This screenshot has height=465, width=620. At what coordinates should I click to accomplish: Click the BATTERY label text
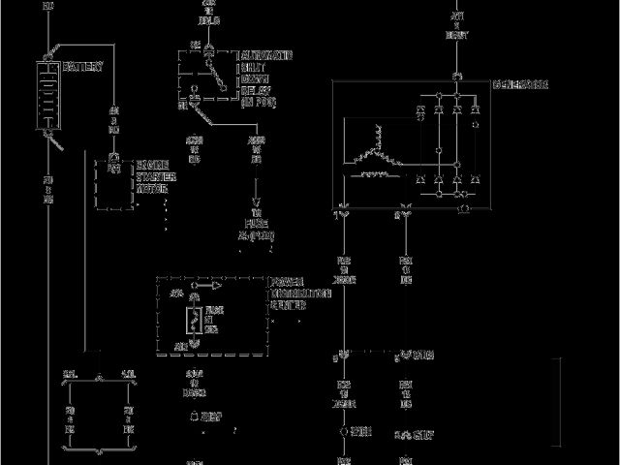click(82, 68)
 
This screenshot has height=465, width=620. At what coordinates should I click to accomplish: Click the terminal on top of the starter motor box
click(114, 157)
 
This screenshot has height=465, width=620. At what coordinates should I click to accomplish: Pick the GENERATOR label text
click(519, 84)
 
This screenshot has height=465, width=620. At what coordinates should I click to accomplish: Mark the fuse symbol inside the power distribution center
click(195, 321)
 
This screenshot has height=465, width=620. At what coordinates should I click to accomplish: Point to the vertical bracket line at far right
click(560, 397)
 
